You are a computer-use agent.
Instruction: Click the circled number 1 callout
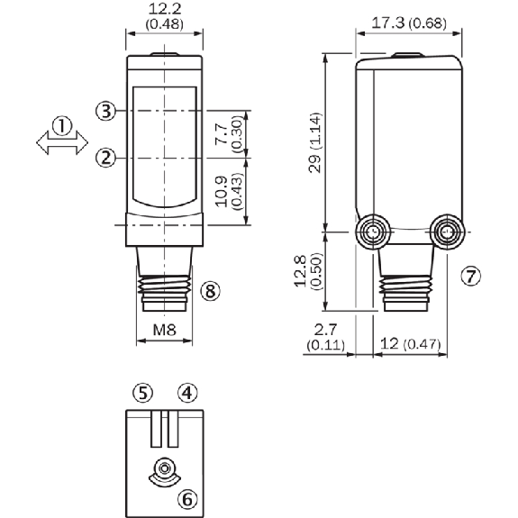[62, 125]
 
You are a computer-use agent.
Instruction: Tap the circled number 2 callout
[105, 158]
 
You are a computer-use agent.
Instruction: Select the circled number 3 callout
[105, 111]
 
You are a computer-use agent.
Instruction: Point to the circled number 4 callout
[187, 393]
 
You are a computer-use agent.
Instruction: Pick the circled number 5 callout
[142, 393]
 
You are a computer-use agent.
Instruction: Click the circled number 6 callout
[187, 498]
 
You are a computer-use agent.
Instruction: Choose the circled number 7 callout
[471, 277]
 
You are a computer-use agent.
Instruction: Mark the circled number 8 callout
[211, 291]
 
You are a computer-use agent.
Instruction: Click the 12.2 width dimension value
[165, 9]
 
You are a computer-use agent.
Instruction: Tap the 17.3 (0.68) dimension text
[409, 23]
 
